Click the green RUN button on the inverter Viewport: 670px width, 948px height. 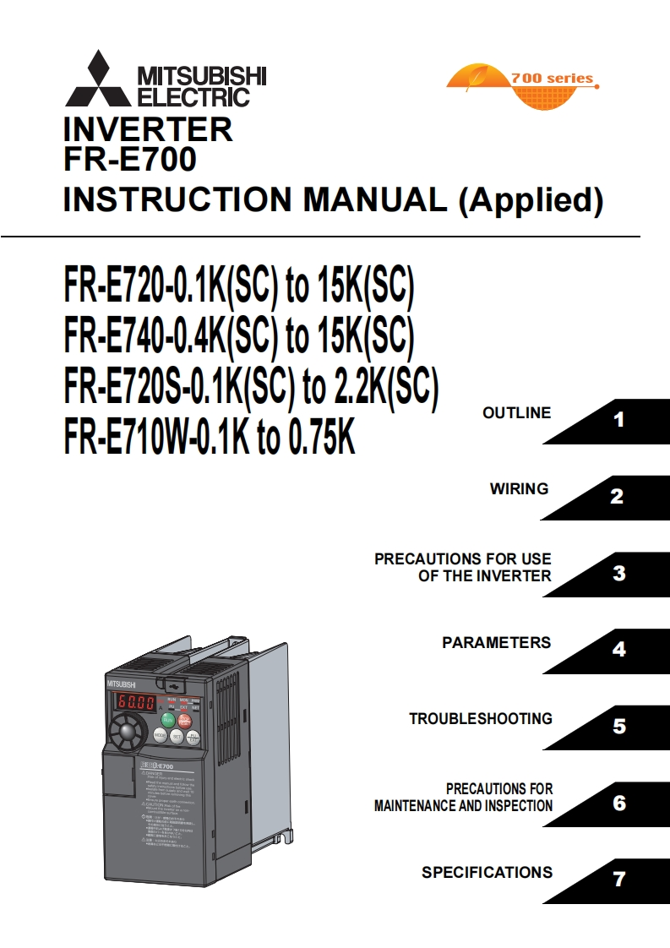pyautogui.click(x=167, y=719)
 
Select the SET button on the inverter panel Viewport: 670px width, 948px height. pyautogui.click(x=177, y=736)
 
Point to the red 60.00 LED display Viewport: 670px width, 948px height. pyautogui.click(x=135, y=702)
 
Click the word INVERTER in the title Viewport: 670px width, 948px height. pyautogui.click(x=148, y=130)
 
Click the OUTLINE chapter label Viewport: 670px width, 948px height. pyautogui.click(x=516, y=413)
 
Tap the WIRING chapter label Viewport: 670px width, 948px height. pyautogui.click(x=519, y=489)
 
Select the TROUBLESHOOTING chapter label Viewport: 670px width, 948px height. pyautogui.click(x=481, y=719)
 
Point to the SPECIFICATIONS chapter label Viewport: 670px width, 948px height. pyautogui.click(x=487, y=873)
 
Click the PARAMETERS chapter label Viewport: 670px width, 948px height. pyautogui.click(x=496, y=643)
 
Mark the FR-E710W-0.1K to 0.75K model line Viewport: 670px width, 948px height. pyautogui.click(x=210, y=437)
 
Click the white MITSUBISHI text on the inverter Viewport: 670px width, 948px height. pyautogui.click(x=120, y=683)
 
